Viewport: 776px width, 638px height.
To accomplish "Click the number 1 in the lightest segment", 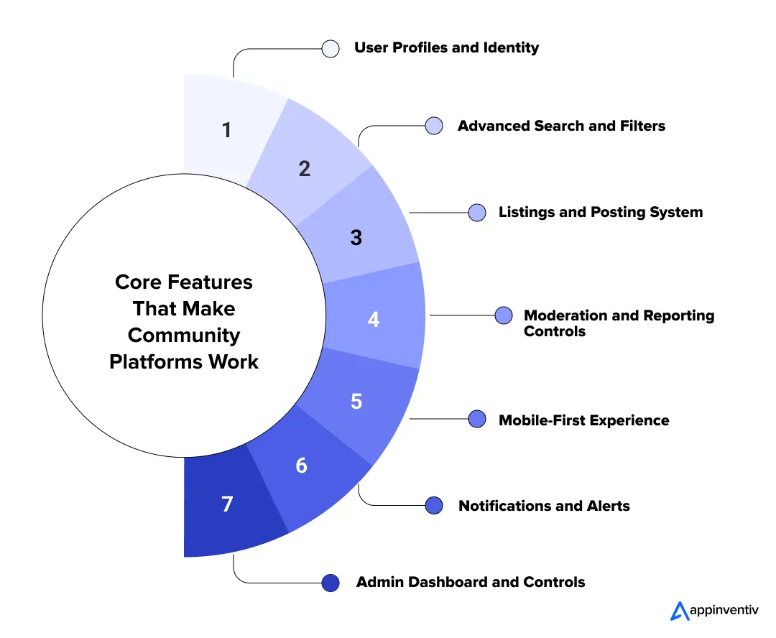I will coord(227,131).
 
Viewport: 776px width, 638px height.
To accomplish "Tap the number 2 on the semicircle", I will coord(305,168).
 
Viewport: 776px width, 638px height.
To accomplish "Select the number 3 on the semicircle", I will coord(356,237).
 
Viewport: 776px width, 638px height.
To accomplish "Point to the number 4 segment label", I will coord(374,319).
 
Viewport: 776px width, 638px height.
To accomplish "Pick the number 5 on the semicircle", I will coord(356,401).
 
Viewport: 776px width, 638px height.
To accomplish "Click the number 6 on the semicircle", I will coord(301,466).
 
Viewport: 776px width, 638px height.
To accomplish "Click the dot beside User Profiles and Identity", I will coord(331,49).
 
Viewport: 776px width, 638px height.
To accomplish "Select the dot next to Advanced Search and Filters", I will coord(434,126).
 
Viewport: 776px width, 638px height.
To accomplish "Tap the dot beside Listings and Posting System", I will coord(477,213).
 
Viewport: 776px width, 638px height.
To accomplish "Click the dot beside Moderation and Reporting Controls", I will coord(504,315).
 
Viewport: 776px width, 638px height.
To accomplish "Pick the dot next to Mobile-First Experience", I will coord(477,420).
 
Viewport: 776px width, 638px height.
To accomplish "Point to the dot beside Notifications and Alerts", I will coord(434,506).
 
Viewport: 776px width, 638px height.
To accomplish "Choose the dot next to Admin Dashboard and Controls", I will coord(331,583).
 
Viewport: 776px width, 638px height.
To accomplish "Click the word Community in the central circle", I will coord(184,335).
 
